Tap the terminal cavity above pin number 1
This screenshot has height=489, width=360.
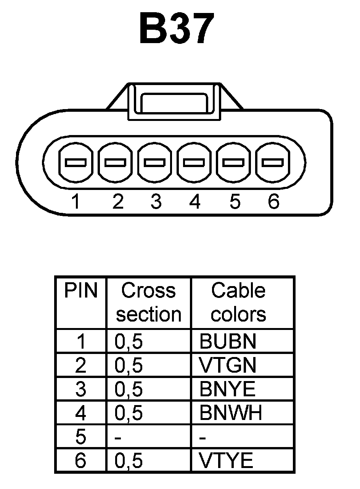pyautogui.click(x=76, y=162)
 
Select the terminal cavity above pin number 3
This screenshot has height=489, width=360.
pyautogui.click(x=155, y=162)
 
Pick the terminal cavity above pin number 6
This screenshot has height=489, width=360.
pyautogui.click(x=273, y=162)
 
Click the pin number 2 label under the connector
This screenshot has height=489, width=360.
pyautogui.click(x=118, y=201)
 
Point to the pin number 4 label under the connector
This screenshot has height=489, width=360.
pyautogui.click(x=194, y=201)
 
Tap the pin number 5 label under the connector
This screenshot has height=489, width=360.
pyautogui.click(x=235, y=201)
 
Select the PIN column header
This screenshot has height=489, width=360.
pyautogui.click(x=81, y=291)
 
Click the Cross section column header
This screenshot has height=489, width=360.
pyautogui.click(x=149, y=302)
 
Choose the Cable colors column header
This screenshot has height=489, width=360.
pyautogui.click(x=238, y=302)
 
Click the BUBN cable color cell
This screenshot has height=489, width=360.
pyautogui.click(x=228, y=342)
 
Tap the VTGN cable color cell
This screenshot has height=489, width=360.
pyautogui.click(x=228, y=365)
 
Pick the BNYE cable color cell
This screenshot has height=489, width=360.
pyautogui.click(x=227, y=389)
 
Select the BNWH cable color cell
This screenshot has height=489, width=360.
pyautogui.click(x=231, y=413)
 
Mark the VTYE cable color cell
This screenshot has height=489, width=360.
pyautogui.click(x=226, y=461)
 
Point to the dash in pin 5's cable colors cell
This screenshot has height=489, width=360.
pyautogui.click(x=203, y=438)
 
